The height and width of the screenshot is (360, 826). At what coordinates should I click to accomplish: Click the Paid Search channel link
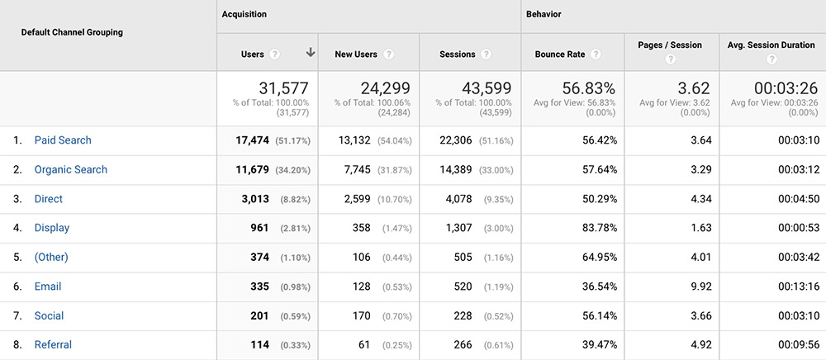coord(63,140)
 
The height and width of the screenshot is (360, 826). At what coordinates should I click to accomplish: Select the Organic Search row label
coord(70,169)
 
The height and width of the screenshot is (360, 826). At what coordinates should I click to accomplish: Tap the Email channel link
coord(48,287)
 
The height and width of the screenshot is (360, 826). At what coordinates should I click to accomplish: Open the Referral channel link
coord(53,344)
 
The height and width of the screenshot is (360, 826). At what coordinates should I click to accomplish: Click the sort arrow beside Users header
coord(310,53)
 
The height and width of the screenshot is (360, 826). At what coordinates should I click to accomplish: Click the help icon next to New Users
coord(388,54)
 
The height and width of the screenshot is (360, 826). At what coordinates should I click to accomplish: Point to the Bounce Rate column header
coord(560,54)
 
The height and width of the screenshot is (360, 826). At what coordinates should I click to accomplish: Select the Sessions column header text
coord(457,54)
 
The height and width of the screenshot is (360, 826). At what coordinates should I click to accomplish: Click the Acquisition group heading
coord(244,14)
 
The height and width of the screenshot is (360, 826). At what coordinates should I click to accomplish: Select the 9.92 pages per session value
coord(700,287)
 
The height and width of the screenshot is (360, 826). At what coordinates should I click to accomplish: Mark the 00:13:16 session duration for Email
coord(797,287)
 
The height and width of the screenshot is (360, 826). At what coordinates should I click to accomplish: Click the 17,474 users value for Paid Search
coord(252,140)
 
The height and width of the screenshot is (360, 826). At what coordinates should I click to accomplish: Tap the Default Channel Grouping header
coord(72,32)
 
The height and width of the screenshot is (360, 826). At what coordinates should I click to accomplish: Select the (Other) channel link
coord(51,257)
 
